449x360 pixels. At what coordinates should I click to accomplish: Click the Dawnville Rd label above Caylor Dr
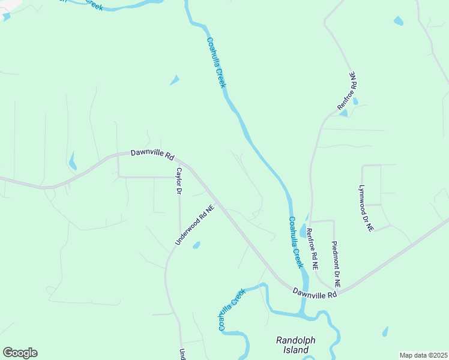(x=152, y=155)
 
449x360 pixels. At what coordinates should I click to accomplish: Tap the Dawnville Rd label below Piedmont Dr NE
(x=315, y=293)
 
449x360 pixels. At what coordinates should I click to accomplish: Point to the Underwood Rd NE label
(x=194, y=226)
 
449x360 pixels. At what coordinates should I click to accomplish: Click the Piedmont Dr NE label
(x=337, y=262)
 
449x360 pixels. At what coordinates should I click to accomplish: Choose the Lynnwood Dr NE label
(x=366, y=208)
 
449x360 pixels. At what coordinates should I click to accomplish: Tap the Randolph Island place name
(x=295, y=345)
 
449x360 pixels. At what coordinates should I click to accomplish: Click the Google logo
(x=20, y=353)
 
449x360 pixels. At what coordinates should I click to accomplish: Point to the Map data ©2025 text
(x=423, y=355)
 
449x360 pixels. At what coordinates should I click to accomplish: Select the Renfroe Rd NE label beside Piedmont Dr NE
(x=312, y=248)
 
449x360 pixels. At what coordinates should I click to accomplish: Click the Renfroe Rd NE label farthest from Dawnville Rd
(x=346, y=91)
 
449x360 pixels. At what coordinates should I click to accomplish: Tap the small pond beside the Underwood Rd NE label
(x=196, y=245)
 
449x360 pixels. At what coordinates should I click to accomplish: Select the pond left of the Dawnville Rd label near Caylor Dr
(x=73, y=161)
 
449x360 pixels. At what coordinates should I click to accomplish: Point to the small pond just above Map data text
(x=385, y=331)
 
